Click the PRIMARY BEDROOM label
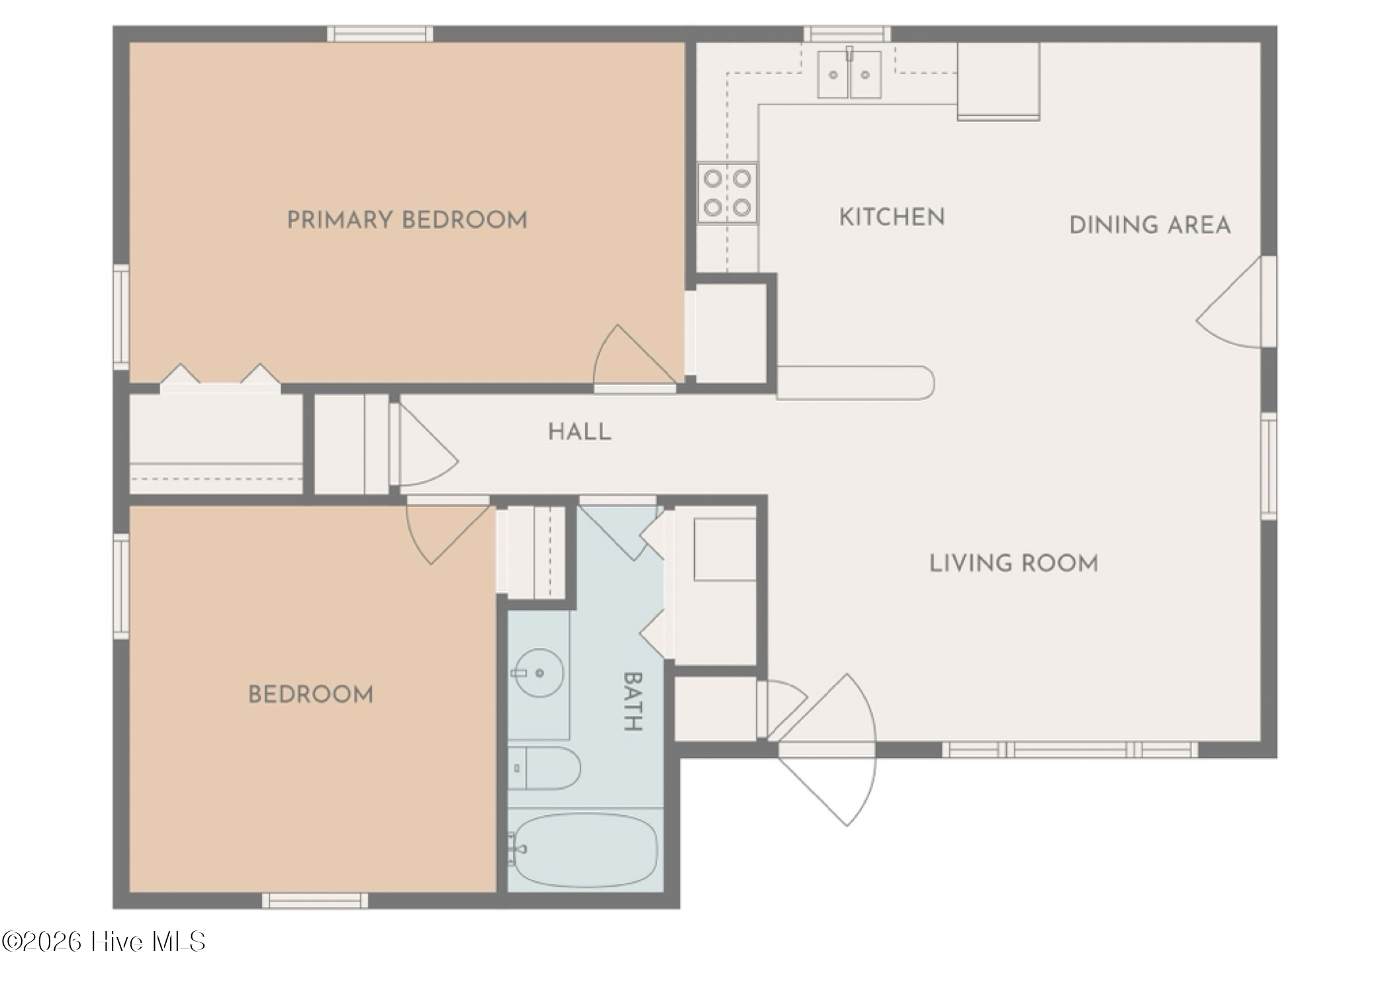(407, 220)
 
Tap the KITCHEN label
(892, 217)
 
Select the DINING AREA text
(1150, 225)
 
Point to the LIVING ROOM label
(1013, 563)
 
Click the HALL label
(580, 431)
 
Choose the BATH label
(633, 701)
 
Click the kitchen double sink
(849, 74)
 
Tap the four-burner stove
(727, 193)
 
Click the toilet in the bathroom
(544, 768)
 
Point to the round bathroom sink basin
(539, 673)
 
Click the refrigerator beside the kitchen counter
(998, 81)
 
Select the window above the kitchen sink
(847, 34)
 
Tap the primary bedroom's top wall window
(380, 34)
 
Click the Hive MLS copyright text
(103, 942)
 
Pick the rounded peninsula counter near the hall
(855, 383)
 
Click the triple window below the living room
(1070, 750)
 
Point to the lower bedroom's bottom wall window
(315, 901)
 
